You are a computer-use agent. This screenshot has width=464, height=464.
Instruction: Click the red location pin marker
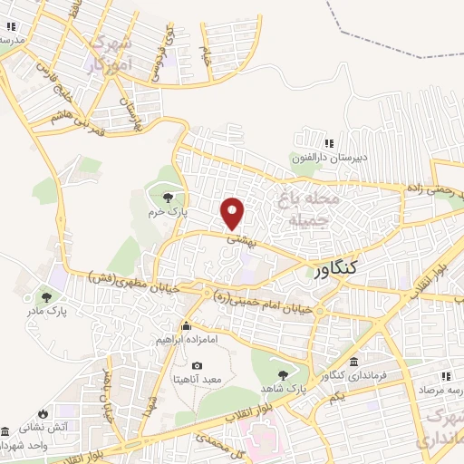click(234, 213)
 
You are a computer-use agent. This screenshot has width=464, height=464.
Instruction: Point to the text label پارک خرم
click(168, 211)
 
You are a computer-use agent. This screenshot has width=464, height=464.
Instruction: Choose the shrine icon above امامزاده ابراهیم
click(187, 326)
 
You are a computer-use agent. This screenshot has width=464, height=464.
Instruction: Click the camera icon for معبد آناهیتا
click(197, 365)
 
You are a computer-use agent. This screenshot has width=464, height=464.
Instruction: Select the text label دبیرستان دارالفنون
click(324, 158)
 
